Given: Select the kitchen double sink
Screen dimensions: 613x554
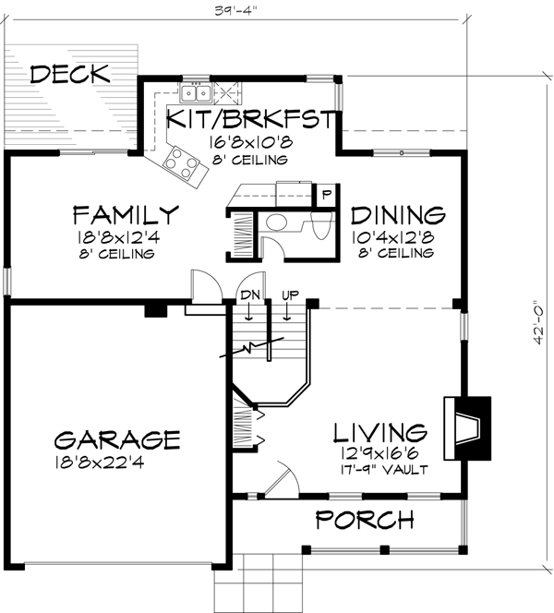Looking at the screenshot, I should click(x=195, y=92).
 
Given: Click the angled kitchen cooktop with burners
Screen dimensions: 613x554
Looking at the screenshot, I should click(x=180, y=164).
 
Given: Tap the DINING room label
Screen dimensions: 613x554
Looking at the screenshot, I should click(x=398, y=216).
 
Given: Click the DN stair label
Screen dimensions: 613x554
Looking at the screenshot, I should click(x=248, y=294).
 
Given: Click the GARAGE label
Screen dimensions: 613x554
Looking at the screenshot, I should click(x=115, y=438).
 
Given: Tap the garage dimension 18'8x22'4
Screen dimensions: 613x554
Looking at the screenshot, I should click(x=115, y=459).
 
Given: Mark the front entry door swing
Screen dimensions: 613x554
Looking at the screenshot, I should click(x=280, y=481).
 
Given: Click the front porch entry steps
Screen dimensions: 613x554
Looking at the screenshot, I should click(x=267, y=582).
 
